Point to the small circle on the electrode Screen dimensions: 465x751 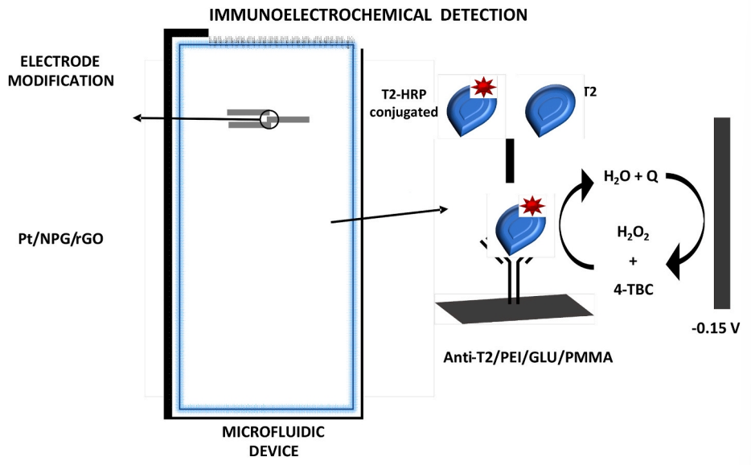point(269,120)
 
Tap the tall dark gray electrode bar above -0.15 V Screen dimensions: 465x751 point(721,212)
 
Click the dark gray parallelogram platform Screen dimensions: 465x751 point(515,309)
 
